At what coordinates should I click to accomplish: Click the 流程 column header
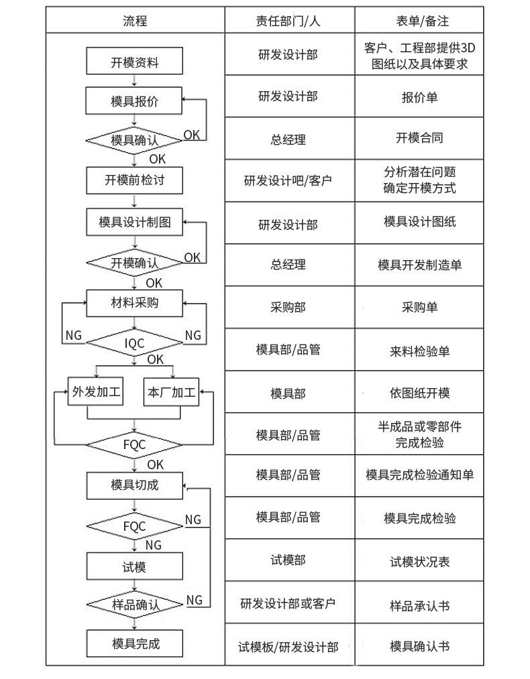134,21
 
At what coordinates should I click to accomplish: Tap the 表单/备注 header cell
419,21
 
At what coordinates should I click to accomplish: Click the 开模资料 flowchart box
134,63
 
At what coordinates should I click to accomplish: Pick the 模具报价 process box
134,102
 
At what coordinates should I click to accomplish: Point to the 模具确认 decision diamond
134,140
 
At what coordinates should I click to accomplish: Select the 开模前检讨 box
134,179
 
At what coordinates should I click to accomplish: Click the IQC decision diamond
134,343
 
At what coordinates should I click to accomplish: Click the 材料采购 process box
134,303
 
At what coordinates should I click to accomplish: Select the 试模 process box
134,567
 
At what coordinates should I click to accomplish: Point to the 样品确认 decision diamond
134,605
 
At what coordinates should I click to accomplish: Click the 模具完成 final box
134,644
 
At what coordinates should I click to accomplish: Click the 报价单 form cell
419,97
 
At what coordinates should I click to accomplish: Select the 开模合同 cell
419,138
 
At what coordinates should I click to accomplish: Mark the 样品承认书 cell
419,606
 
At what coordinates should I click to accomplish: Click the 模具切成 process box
134,485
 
